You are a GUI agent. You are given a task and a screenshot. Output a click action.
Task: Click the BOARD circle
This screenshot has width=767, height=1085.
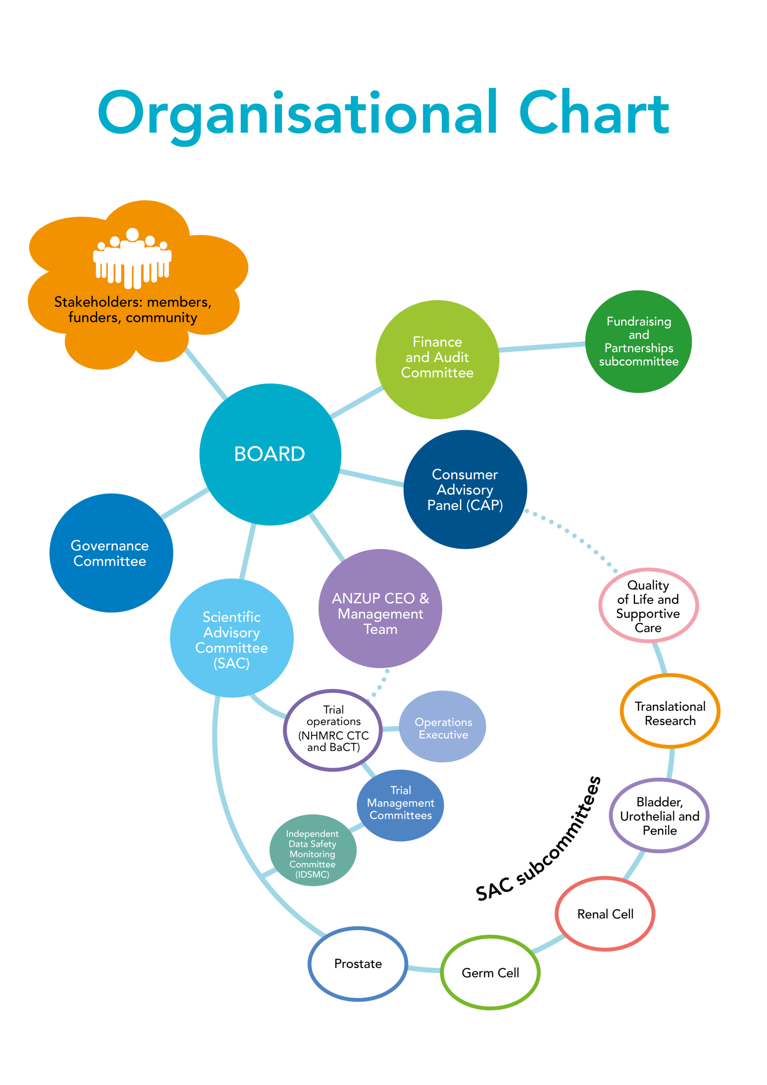(270, 454)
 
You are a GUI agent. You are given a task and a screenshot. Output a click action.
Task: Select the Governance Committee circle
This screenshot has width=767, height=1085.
(111, 553)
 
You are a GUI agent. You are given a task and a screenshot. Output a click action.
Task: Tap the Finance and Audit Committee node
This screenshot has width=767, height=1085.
(437, 359)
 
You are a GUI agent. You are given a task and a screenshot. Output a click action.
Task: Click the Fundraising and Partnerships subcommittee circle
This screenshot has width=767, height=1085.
(638, 341)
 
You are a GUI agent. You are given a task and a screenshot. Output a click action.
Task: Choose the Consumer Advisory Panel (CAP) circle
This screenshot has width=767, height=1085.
(465, 489)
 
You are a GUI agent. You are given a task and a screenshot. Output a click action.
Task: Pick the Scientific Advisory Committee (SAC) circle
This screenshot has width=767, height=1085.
(231, 637)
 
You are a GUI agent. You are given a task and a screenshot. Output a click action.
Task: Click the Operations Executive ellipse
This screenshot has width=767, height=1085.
(443, 728)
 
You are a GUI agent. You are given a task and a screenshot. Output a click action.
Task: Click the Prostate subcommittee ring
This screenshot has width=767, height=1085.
(358, 964)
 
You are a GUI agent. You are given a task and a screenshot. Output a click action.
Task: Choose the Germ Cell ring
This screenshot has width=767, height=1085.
(490, 973)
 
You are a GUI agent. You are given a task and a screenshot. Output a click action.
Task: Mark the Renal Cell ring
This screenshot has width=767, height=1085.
(605, 914)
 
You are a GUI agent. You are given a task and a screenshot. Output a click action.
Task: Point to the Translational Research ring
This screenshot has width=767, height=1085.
(670, 714)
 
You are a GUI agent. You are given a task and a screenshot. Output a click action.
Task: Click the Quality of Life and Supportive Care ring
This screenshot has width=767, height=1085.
(648, 606)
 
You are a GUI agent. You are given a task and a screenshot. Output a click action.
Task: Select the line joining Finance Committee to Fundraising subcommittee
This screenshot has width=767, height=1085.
(542, 347)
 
